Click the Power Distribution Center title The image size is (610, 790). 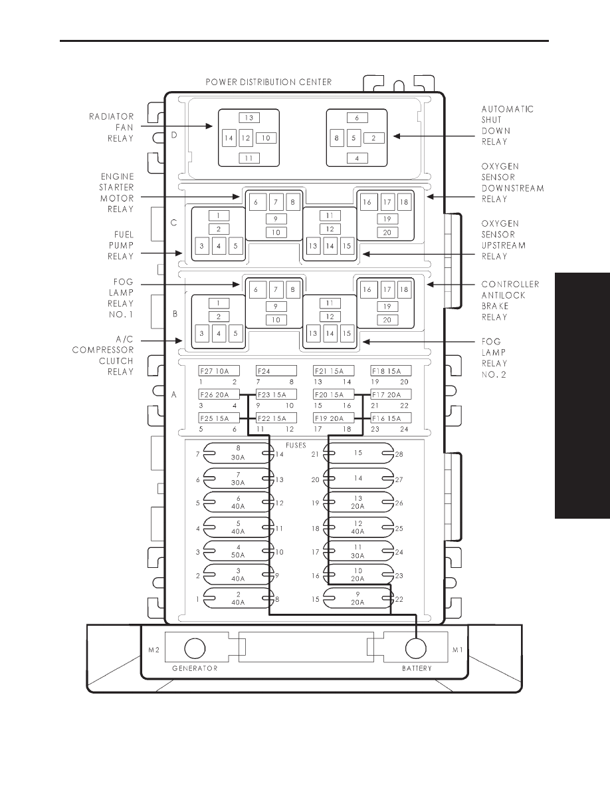tap(268, 82)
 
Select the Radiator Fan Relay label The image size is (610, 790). tap(112, 128)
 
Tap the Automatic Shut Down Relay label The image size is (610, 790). tap(507, 126)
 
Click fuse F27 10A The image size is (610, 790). tap(219, 371)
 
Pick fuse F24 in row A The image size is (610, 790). tap(276, 371)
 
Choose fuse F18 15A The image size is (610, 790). tap(391, 371)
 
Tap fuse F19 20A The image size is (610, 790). tap(334, 418)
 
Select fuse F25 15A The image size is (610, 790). tap(219, 418)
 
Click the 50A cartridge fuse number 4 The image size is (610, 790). tap(238, 552)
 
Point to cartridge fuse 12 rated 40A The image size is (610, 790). tap(358, 527)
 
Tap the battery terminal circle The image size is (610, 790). tap(416, 648)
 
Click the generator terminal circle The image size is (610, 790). tap(195, 648)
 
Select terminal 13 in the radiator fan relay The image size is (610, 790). tap(249, 118)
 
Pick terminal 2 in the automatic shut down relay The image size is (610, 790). tap(373, 138)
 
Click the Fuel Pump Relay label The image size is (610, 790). tap(121, 245)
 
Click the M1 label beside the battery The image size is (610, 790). tap(457, 650)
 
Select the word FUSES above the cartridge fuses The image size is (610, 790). tap(296, 446)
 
